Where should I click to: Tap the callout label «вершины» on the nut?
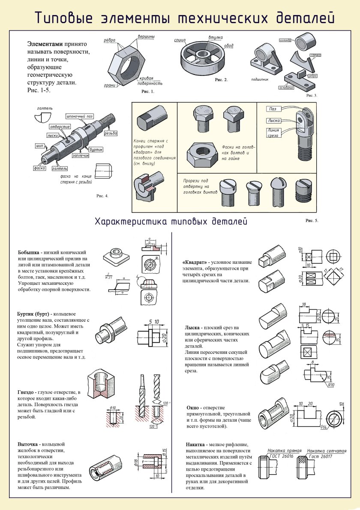click(146, 37)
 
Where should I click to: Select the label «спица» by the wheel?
click(180, 40)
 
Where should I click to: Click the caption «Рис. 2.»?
click(221, 80)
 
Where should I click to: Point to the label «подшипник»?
click(261, 79)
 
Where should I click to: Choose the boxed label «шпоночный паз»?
click(79, 116)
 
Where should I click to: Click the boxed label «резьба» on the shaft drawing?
click(111, 133)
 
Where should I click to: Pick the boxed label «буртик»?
click(96, 149)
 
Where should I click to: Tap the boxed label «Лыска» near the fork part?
click(273, 121)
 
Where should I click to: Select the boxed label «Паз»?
click(273, 109)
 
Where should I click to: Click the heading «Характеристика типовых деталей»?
click(171, 222)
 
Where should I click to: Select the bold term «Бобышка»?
click(29, 252)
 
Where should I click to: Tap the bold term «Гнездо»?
click(27, 392)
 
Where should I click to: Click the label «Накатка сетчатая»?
click(327, 451)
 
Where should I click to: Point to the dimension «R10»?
click(330, 385)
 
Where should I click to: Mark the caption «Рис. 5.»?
click(312, 220)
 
